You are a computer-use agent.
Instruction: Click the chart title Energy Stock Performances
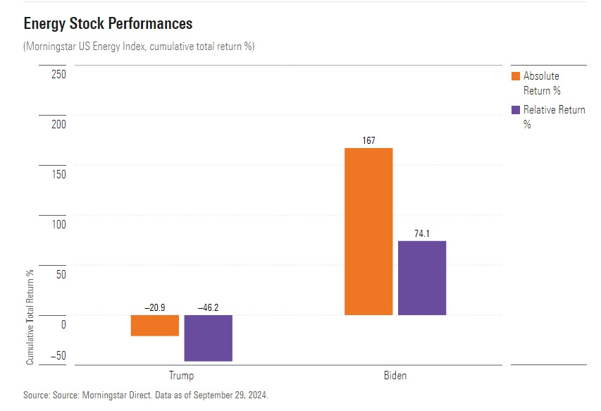coord(108,23)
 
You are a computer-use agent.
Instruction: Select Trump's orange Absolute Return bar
coord(155,325)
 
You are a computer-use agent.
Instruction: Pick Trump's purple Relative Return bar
coord(209,338)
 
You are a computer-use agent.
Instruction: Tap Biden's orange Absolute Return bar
coord(368,231)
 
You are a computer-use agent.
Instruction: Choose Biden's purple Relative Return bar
coord(422,278)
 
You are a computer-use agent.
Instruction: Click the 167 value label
coord(368,140)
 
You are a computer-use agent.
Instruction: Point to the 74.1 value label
coord(422,233)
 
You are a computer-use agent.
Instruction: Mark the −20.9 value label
coord(155,308)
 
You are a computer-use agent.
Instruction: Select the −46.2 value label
coord(209,308)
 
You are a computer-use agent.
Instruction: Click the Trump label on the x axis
coord(181,376)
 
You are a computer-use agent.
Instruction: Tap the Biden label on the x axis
coord(395,376)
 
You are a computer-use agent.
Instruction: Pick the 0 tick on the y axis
coord(63,324)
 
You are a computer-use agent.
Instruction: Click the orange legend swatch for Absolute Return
coord(514,76)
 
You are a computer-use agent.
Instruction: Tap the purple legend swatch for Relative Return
coord(514,110)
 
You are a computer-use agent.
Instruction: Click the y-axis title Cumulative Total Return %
coord(30,317)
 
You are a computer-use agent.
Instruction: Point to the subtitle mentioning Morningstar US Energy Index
coord(139,47)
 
